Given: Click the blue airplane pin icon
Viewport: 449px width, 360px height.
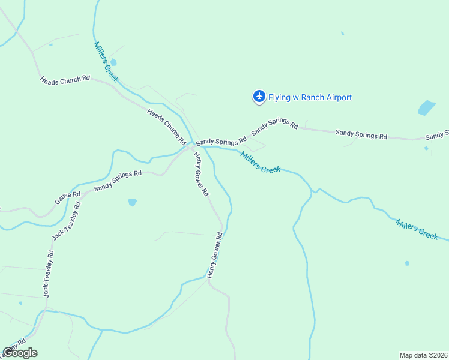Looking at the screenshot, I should pyautogui.click(x=259, y=96).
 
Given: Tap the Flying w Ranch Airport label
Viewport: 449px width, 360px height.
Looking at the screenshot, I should pyautogui.click(x=310, y=97).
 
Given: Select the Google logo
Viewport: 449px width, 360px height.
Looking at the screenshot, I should pyautogui.click(x=20, y=352).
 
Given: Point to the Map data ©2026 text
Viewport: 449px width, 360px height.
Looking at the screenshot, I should pyautogui.click(x=423, y=355).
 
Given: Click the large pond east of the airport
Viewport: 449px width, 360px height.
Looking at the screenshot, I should pyautogui.click(x=426, y=108).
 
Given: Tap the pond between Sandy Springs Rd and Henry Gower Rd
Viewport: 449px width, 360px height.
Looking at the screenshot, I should pyautogui.click(x=132, y=202).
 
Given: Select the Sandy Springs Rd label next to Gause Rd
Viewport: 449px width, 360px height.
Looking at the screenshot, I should pyautogui.click(x=118, y=181).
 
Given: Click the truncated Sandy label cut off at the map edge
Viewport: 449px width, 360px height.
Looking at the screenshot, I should pyautogui.click(x=438, y=134).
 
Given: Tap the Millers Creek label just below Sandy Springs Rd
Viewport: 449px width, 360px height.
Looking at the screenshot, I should pyautogui.click(x=261, y=162).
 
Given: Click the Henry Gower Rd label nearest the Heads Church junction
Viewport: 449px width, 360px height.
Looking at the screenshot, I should pyautogui.click(x=200, y=173).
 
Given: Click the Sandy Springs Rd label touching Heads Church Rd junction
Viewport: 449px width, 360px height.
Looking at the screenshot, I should pyautogui.click(x=221, y=140).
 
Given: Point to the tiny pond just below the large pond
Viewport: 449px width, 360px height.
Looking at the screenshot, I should pyautogui.click(x=426, y=148).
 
